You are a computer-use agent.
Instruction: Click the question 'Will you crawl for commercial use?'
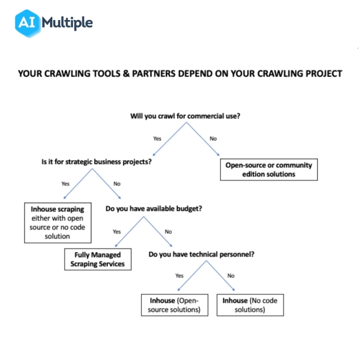click(185, 116)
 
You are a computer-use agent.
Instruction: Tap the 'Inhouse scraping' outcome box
click(58, 222)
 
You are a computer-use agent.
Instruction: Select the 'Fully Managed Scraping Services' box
click(98, 259)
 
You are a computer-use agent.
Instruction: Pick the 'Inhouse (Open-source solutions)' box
click(175, 305)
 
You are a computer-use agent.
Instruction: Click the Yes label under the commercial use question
click(157, 138)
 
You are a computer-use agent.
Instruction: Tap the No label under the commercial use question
click(213, 138)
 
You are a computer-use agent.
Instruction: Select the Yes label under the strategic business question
click(65, 184)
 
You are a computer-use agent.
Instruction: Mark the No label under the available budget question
click(168, 231)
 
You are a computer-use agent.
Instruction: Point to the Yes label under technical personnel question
click(179, 275)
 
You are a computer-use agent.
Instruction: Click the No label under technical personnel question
click(231, 275)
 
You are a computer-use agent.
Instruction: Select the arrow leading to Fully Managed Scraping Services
click(127, 234)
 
